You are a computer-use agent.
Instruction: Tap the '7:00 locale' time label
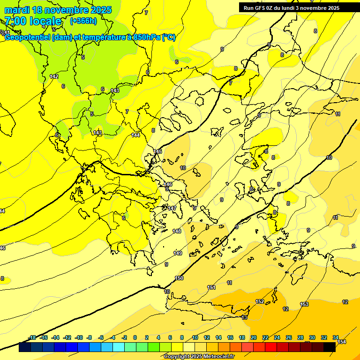(x=33, y=21)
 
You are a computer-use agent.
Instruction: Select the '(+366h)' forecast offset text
(x=83, y=21)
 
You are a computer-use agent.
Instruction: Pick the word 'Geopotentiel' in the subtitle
(x=27, y=37)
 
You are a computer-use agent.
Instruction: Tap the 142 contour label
(x=54, y=76)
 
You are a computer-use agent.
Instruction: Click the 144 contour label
(x=135, y=135)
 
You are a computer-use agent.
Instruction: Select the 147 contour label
(x=172, y=208)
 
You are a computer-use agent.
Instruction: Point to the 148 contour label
(x=177, y=231)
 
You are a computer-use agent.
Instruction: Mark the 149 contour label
(x=178, y=253)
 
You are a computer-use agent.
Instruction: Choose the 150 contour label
(x=179, y=278)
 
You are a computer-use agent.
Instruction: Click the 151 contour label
(x=211, y=287)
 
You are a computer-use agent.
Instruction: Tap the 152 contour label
(x=260, y=301)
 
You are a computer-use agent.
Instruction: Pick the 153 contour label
(x=304, y=304)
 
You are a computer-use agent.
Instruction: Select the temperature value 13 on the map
(x=244, y=317)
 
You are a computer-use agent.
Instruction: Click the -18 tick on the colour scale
(x=32, y=337)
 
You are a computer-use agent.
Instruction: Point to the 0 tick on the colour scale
(x=135, y=337)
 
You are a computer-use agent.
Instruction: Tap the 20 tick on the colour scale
(x=254, y=337)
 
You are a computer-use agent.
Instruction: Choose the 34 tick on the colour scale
(x=336, y=337)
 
